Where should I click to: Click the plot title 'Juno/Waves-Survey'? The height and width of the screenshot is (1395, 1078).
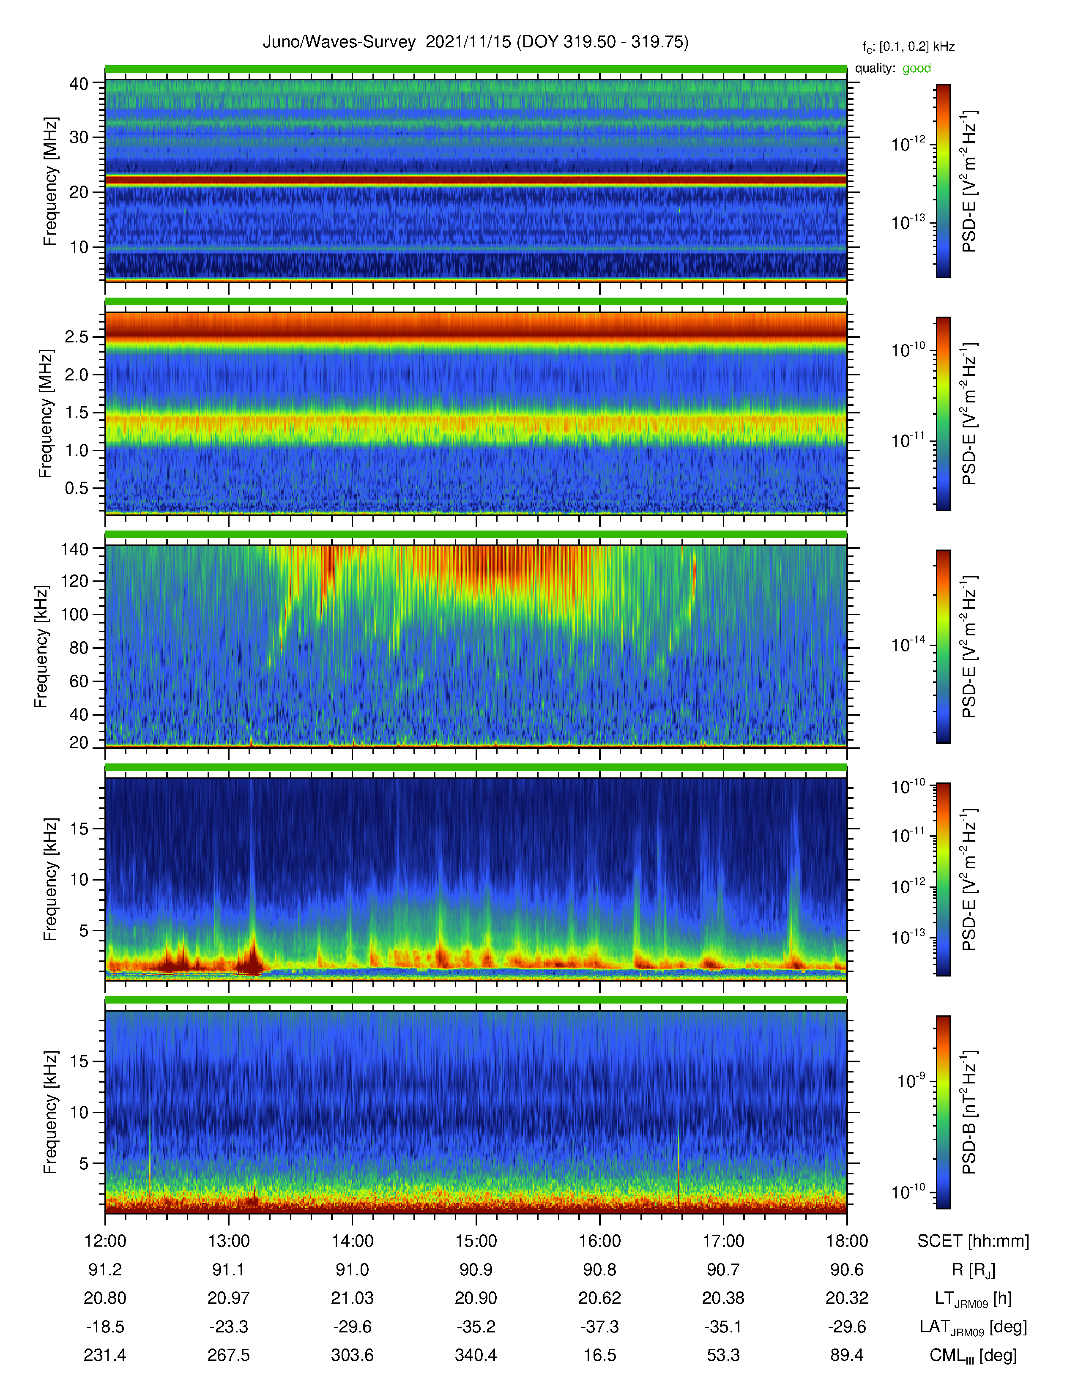339,42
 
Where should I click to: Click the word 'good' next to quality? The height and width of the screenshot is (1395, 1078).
917,68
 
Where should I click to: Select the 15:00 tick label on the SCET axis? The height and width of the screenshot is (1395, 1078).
476,1241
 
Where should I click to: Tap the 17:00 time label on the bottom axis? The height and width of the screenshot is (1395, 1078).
723,1241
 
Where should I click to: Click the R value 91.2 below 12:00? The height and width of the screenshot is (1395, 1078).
105,1270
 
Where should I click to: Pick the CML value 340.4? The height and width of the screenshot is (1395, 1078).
476,1355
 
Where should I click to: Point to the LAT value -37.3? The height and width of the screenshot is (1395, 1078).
600,1327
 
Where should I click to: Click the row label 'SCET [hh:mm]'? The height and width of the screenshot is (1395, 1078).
973,1241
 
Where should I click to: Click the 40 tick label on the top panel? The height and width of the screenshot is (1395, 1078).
79,84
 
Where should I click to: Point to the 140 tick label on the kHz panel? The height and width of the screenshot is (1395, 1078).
74,549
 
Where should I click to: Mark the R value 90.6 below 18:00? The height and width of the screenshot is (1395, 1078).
847,1270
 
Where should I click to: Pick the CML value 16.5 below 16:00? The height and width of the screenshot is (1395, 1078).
600,1355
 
